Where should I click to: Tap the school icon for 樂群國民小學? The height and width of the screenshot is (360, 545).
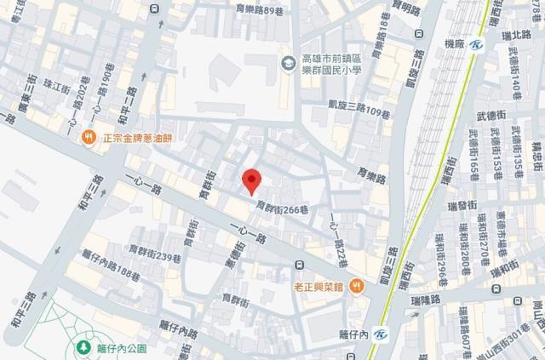[x=290, y=63]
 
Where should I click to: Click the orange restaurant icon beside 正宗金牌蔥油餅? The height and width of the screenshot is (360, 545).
[x=88, y=136]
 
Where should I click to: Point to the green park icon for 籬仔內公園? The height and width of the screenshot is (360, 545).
[x=84, y=348]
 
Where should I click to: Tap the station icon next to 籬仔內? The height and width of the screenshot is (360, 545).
[x=380, y=333]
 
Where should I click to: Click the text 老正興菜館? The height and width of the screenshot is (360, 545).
[x=319, y=287]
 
